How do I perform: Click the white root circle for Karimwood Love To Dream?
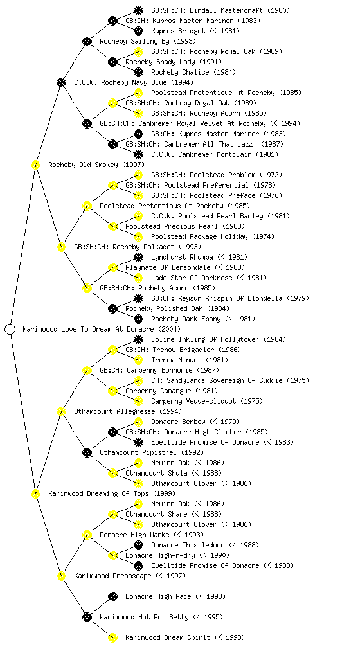click(10, 329)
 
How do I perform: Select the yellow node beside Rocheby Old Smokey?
click(35, 164)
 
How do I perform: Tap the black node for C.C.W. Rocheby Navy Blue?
click(61, 82)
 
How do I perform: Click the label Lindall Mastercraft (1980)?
click(221, 10)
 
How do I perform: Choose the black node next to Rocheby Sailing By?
click(87, 41)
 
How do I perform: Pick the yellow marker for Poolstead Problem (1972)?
click(138, 175)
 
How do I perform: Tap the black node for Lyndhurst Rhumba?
click(138, 257)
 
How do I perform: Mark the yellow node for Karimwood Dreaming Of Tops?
click(35, 493)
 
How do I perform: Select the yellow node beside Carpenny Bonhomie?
click(87, 370)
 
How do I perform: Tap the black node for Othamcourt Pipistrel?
click(87, 452)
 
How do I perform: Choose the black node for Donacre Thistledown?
click(138, 545)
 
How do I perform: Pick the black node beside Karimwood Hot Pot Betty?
click(87, 617)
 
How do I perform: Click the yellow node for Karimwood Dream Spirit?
click(113, 637)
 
